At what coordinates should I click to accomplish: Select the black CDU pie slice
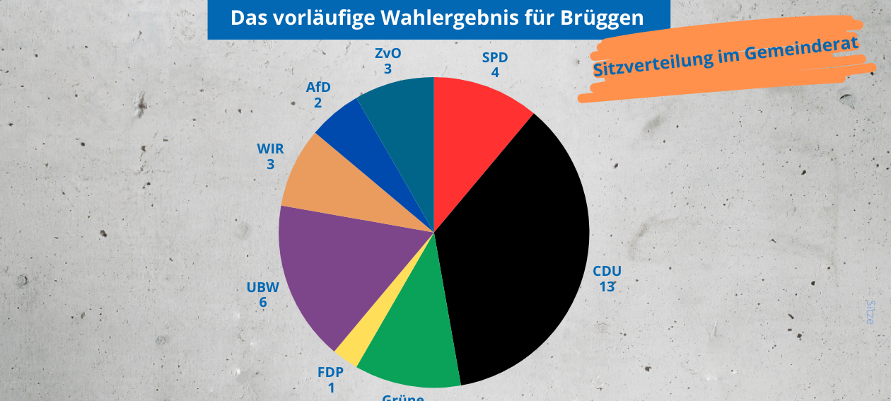(x=516, y=255)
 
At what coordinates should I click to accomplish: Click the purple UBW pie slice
(x=332, y=276)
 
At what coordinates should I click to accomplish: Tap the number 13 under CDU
(x=607, y=286)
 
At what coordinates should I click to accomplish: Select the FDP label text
(x=331, y=373)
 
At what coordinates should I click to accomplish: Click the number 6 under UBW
(x=263, y=303)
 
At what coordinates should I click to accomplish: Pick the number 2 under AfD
(x=318, y=103)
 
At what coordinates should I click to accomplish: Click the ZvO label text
(x=388, y=54)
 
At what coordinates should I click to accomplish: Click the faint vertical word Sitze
(x=870, y=311)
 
